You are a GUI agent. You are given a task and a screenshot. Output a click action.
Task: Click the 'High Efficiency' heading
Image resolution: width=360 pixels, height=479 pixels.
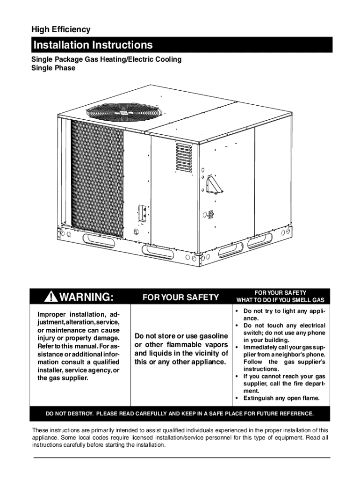coord(61,29)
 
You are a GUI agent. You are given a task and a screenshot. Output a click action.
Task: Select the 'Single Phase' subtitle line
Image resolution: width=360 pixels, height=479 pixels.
coord(53,68)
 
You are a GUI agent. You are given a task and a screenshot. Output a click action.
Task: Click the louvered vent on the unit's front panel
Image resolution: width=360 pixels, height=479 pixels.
coord(184,157)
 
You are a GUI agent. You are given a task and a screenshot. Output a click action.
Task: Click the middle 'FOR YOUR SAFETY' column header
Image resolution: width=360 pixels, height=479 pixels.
coord(180,298)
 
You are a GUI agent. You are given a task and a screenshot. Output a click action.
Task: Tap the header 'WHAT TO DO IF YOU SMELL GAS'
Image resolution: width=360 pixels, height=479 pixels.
coord(280,300)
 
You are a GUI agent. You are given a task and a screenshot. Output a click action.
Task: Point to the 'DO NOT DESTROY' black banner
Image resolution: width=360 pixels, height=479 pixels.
coord(180,414)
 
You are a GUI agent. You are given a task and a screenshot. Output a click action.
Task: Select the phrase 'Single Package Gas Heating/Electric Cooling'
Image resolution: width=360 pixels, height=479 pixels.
coord(106,59)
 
